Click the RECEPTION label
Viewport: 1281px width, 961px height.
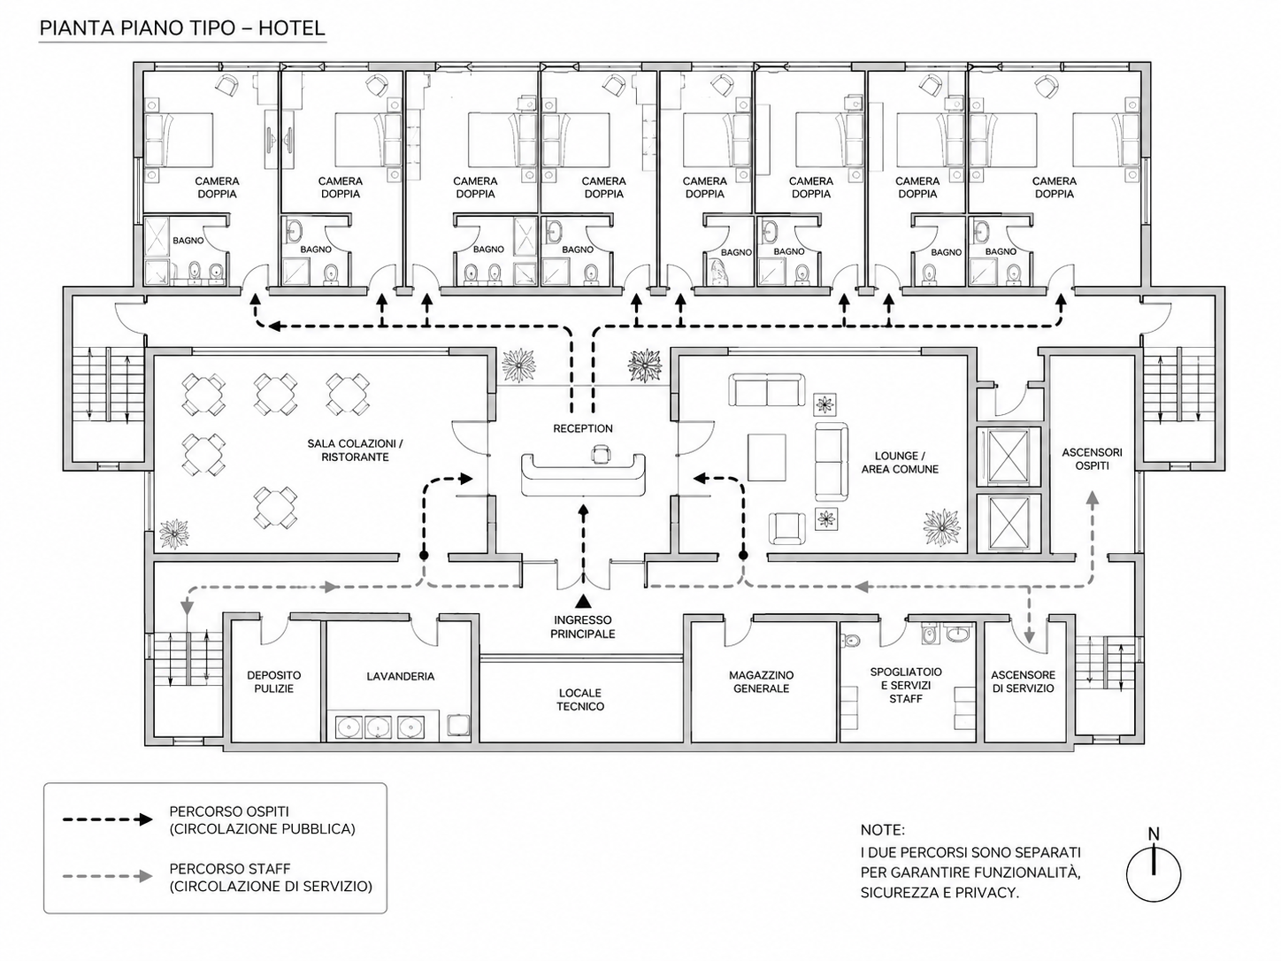[x=582, y=428]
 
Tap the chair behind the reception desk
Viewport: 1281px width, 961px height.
[x=601, y=453]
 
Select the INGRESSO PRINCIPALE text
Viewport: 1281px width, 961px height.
[x=582, y=627]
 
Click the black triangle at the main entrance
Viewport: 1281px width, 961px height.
[x=583, y=601]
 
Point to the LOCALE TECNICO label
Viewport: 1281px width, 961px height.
[x=580, y=700]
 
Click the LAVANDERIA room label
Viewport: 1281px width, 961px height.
[x=401, y=676]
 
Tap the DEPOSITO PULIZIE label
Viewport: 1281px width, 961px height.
[x=273, y=681]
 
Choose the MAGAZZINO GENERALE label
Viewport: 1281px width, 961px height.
[x=761, y=681]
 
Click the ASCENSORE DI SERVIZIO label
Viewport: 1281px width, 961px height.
[x=1023, y=681]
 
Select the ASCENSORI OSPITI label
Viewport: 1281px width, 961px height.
[x=1092, y=458]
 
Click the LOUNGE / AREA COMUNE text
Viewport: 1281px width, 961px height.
[x=900, y=462]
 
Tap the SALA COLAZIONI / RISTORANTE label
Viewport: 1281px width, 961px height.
[x=355, y=450]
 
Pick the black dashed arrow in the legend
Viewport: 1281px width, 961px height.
[x=107, y=819]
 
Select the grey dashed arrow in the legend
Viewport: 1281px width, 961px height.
[x=107, y=876]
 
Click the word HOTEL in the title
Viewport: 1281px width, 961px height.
[x=292, y=27]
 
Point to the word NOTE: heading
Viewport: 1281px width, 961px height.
[x=882, y=830]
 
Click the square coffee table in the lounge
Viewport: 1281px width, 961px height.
[x=766, y=457]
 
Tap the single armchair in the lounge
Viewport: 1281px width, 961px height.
[x=786, y=528]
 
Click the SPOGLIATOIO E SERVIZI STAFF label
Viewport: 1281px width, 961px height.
[x=906, y=685]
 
